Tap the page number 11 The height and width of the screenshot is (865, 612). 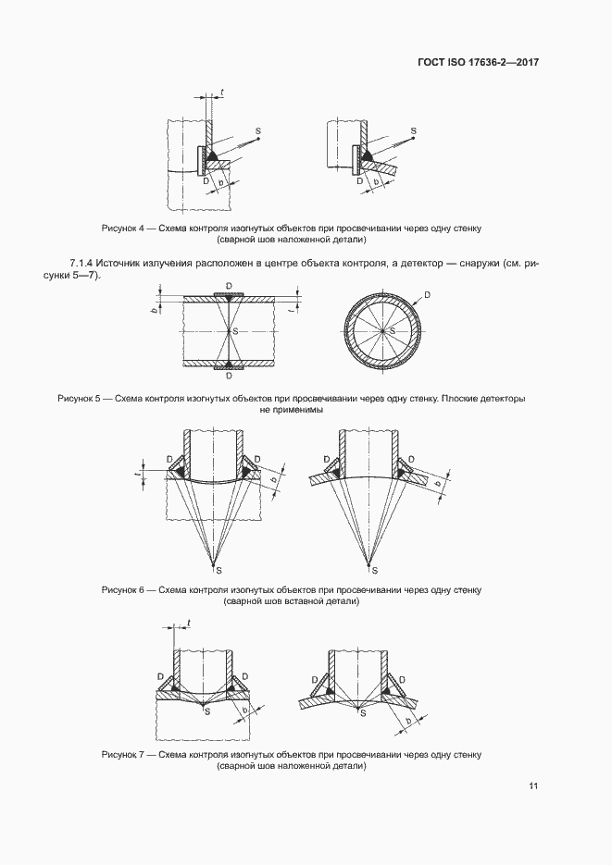[534, 786]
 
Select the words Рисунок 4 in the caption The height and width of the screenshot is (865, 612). [124, 228]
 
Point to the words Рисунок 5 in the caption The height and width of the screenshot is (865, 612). [81, 399]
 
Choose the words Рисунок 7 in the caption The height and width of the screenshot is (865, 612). [124, 755]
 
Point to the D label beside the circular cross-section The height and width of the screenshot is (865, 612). [427, 295]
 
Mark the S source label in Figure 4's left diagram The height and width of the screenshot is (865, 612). [257, 131]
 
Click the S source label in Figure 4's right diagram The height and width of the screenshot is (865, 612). [413, 131]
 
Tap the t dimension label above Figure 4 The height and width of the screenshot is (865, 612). [222, 93]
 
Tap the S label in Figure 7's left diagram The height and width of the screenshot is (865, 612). [207, 711]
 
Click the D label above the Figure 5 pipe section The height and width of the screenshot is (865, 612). [228, 289]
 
